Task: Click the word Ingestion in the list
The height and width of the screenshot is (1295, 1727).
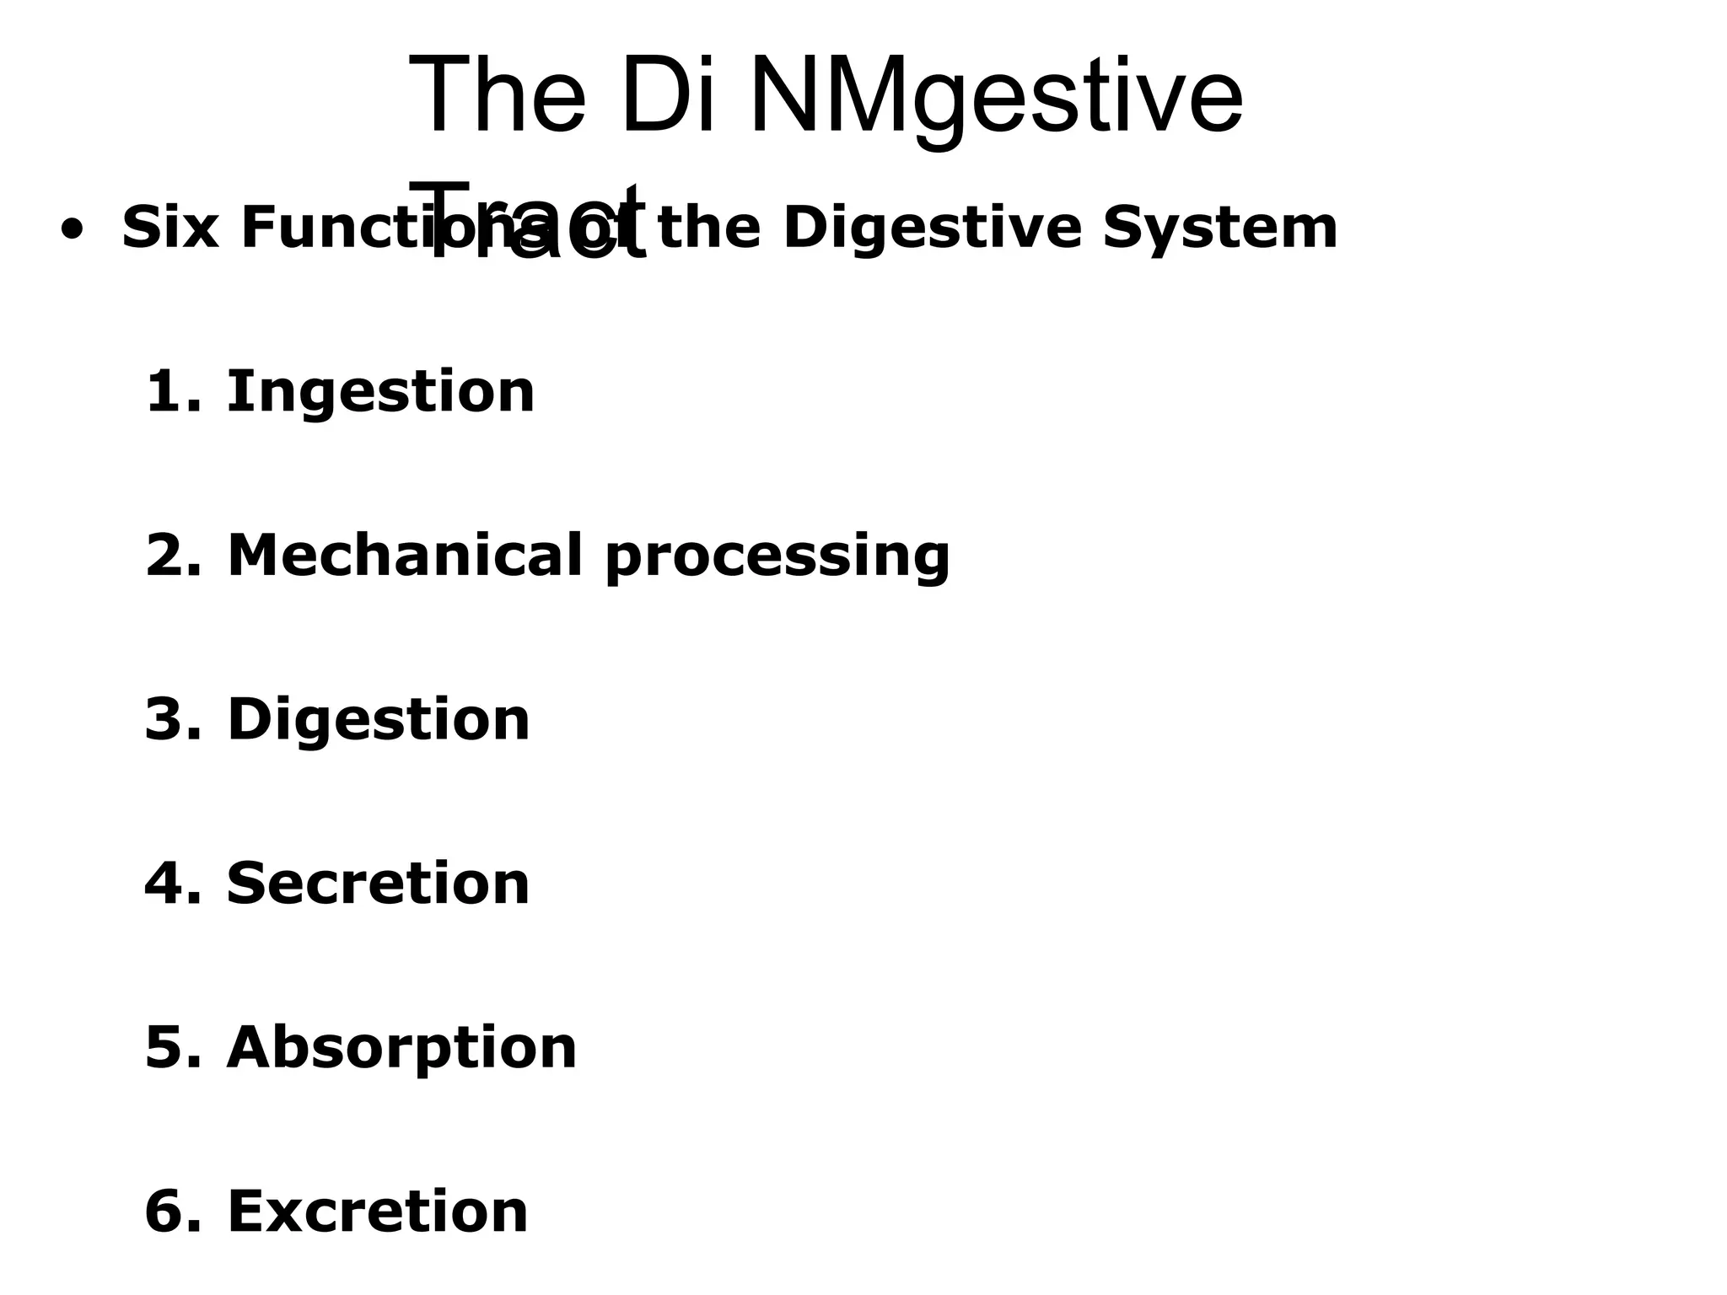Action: pos(380,393)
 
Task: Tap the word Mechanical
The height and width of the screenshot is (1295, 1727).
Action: pos(405,556)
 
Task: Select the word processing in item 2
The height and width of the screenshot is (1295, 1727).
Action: pos(777,558)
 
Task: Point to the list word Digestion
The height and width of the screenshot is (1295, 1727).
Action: pos(378,721)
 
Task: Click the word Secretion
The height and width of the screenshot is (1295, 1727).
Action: pos(378,884)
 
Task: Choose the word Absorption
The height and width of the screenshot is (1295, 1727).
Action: pos(401,1049)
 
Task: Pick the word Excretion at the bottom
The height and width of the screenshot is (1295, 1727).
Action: pos(377,1212)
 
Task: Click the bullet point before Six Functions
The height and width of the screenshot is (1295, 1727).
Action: pos(73,230)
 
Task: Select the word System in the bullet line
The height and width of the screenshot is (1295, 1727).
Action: pos(1219,230)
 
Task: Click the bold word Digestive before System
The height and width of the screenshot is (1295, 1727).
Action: pos(932,230)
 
